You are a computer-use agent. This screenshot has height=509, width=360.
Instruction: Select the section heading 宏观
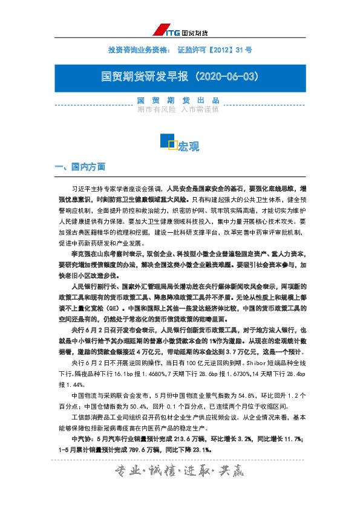188,146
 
